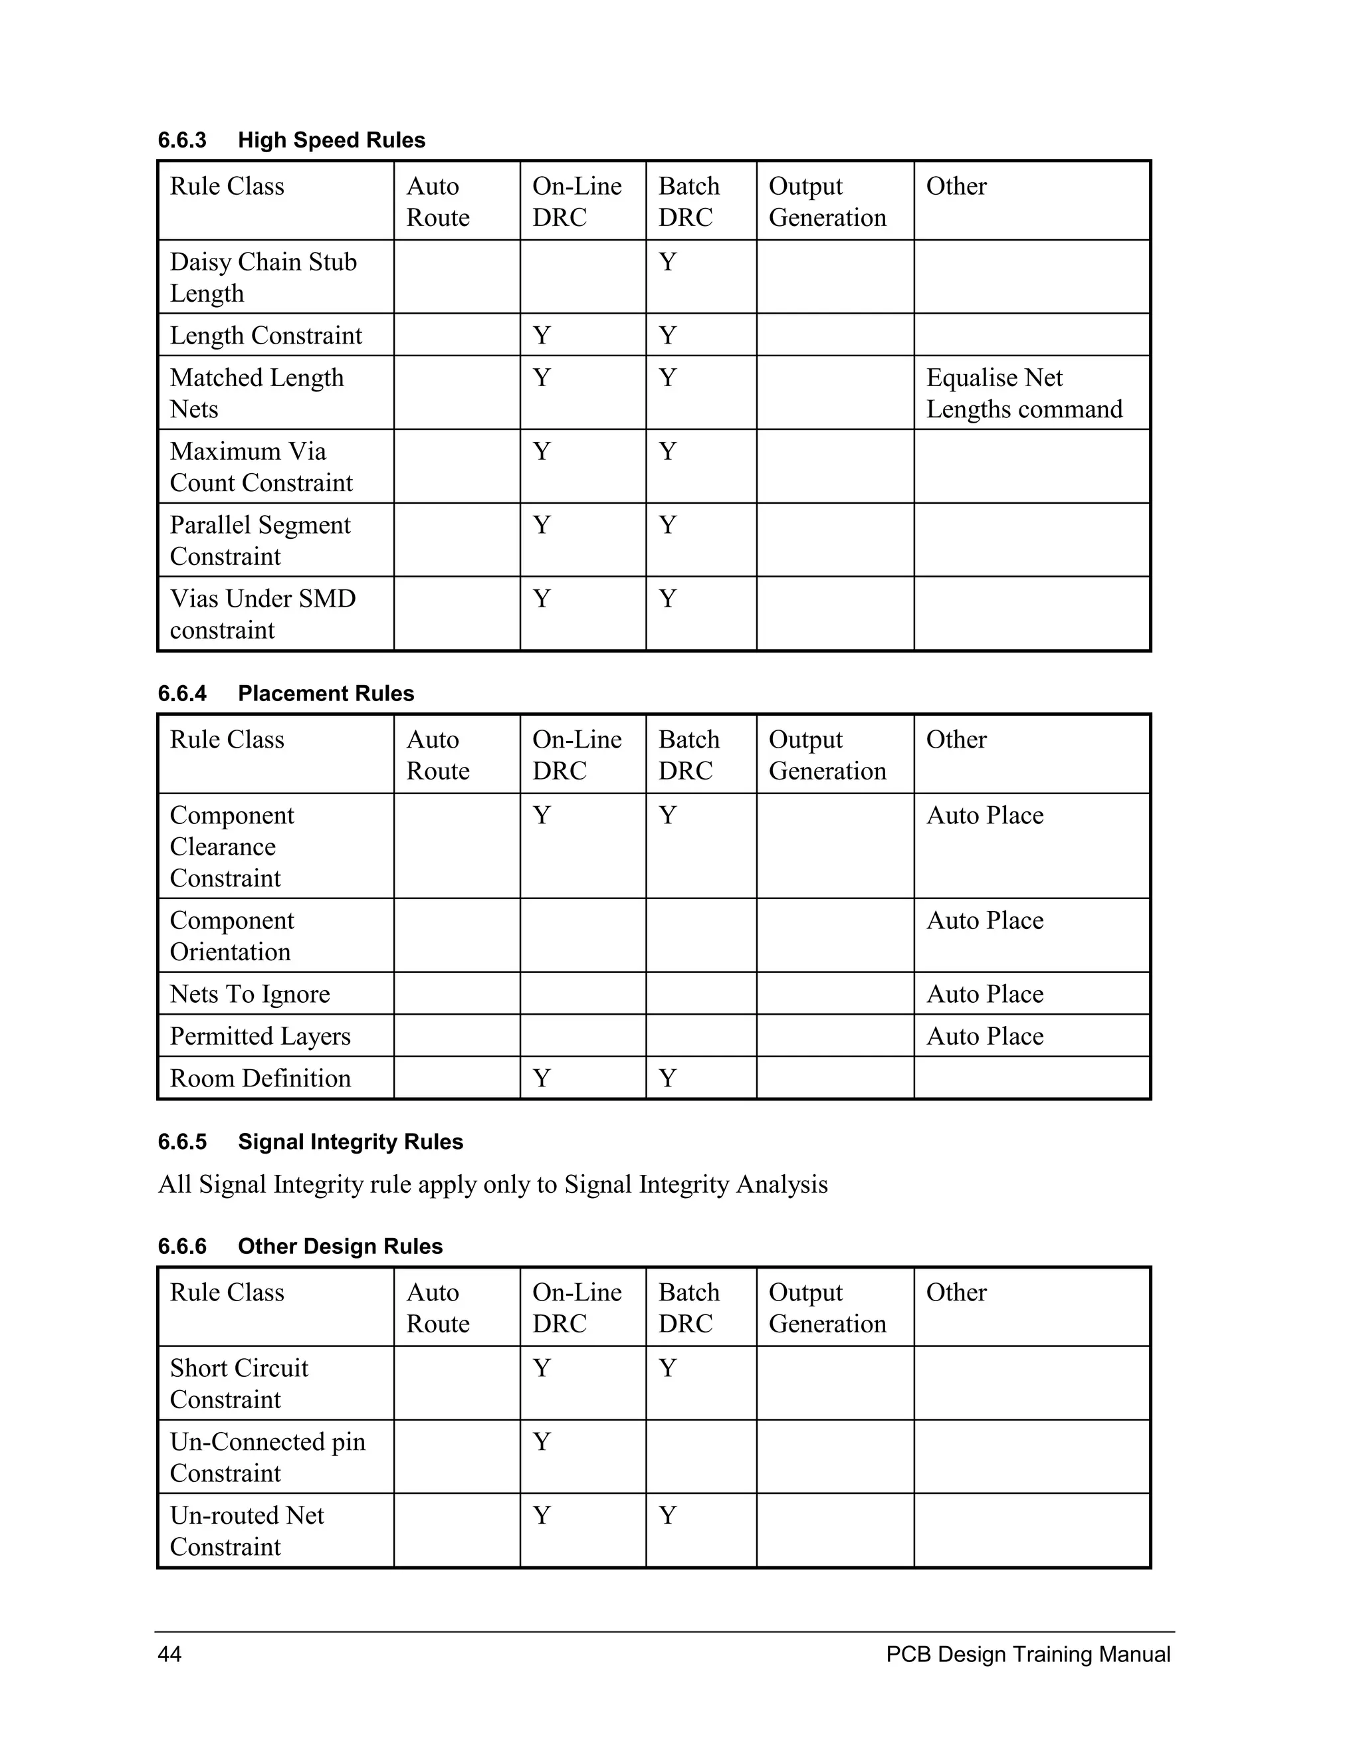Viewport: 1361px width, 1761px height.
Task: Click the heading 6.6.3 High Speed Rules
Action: pos(291,140)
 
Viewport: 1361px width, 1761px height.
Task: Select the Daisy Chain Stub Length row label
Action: pos(263,277)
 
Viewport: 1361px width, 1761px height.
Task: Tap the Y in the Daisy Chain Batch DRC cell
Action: pos(668,262)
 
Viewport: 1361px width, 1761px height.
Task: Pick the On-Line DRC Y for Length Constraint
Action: pos(542,336)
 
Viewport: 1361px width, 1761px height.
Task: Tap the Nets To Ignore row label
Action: pos(250,994)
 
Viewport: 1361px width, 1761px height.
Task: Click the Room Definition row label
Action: pos(261,1078)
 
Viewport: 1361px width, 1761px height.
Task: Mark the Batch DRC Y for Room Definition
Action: pos(668,1078)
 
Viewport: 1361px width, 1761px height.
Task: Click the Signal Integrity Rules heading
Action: pos(310,1142)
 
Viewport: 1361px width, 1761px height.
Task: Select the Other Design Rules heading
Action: pos(300,1247)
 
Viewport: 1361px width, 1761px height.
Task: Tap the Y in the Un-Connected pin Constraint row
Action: pos(542,1442)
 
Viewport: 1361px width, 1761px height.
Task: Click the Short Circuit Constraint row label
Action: pos(239,1384)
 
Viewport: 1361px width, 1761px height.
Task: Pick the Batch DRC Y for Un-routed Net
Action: pos(668,1516)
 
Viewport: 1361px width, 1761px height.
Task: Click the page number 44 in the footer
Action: pos(169,1655)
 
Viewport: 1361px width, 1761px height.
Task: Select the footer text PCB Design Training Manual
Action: pos(1028,1655)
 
